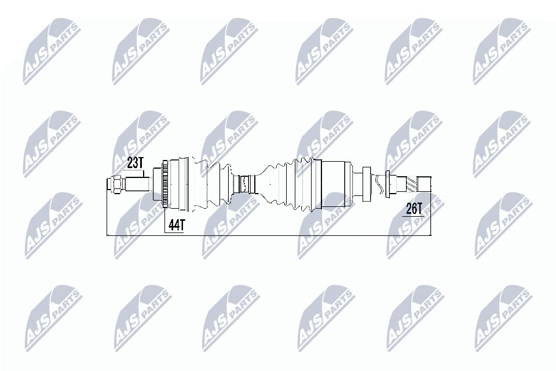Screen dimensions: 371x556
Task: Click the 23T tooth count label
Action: tap(134, 163)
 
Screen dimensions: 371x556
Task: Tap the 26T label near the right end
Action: tap(414, 209)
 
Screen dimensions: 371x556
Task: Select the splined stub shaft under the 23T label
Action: tap(138, 185)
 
